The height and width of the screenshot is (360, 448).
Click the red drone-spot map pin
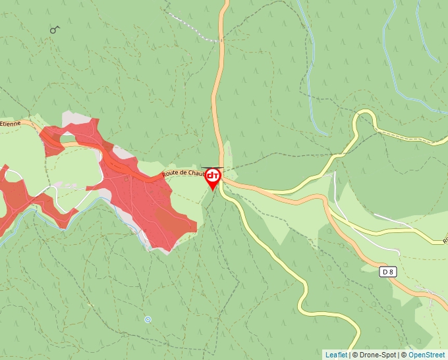pyautogui.click(x=213, y=178)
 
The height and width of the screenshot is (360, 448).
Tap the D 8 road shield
pyautogui.click(x=389, y=271)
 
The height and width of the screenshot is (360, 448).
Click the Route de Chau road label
pyautogui.click(x=183, y=172)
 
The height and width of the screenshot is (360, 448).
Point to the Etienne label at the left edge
pyautogui.click(x=11, y=123)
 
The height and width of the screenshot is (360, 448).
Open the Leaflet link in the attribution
pyautogui.click(x=336, y=355)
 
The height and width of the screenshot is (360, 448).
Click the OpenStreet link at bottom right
pyautogui.click(x=426, y=355)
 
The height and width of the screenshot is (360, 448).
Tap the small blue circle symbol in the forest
pyautogui.click(x=148, y=319)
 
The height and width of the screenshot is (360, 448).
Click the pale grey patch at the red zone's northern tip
pyautogui.click(x=78, y=119)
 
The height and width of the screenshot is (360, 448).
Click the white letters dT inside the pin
pyautogui.click(x=213, y=176)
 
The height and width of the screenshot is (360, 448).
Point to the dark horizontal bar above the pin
pyautogui.click(x=211, y=168)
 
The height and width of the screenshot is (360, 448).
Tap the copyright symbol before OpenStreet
pyautogui.click(x=404, y=355)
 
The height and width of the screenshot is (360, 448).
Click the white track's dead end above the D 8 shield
pyautogui.click(x=399, y=252)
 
